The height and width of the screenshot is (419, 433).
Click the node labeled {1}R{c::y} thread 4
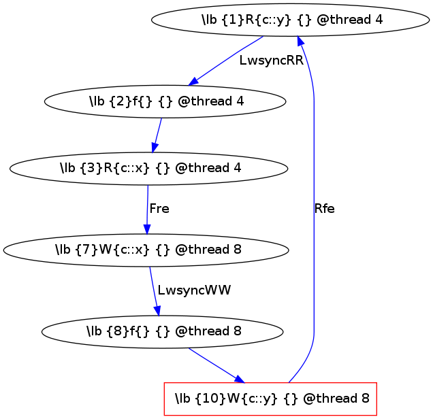click(291, 19)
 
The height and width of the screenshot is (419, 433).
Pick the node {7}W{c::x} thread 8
click(148, 250)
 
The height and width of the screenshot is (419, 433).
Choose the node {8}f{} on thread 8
click(162, 332)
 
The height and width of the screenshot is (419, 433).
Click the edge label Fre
click(159, 209)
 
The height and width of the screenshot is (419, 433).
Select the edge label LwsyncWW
click(194, 290)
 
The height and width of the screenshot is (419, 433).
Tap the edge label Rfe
click(324, 209)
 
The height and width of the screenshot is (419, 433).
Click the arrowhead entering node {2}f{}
click(193, 83)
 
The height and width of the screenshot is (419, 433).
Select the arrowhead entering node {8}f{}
click(158, 312)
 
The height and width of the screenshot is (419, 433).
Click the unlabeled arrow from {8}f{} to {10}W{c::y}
click(213, 364)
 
